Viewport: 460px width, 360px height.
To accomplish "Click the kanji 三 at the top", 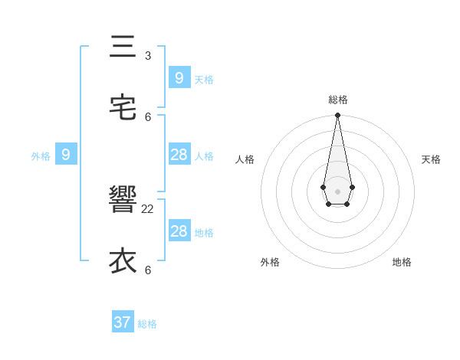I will point(123,47).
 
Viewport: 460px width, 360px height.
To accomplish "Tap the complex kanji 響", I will point(123,201).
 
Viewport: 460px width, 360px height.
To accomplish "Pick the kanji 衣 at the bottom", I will point(123,261).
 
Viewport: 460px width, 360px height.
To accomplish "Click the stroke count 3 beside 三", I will point(148,55).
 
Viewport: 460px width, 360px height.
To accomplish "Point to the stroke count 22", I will point(148,208).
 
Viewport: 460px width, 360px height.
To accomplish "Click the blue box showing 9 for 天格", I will point(179,77).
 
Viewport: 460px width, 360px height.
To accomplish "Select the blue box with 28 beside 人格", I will point(179,155).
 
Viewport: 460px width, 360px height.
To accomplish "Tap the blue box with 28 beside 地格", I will point(179,231).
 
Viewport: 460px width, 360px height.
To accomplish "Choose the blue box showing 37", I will point(123,322).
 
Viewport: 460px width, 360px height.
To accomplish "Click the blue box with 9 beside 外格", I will point(66,155).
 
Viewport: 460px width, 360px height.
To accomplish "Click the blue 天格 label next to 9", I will point(204,80).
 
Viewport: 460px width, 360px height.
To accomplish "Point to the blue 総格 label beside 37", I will point(147,325).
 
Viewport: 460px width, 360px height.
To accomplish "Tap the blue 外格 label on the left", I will point(41,157).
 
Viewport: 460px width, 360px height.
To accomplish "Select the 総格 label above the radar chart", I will point(338,100).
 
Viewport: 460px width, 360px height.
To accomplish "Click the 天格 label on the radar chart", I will point(431,159).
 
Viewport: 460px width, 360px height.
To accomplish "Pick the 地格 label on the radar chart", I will point(402,262).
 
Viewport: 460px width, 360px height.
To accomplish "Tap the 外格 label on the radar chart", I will point(270,262).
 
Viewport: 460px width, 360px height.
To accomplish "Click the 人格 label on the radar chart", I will point(245,159).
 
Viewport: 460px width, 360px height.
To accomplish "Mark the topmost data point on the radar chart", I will point(338,116).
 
